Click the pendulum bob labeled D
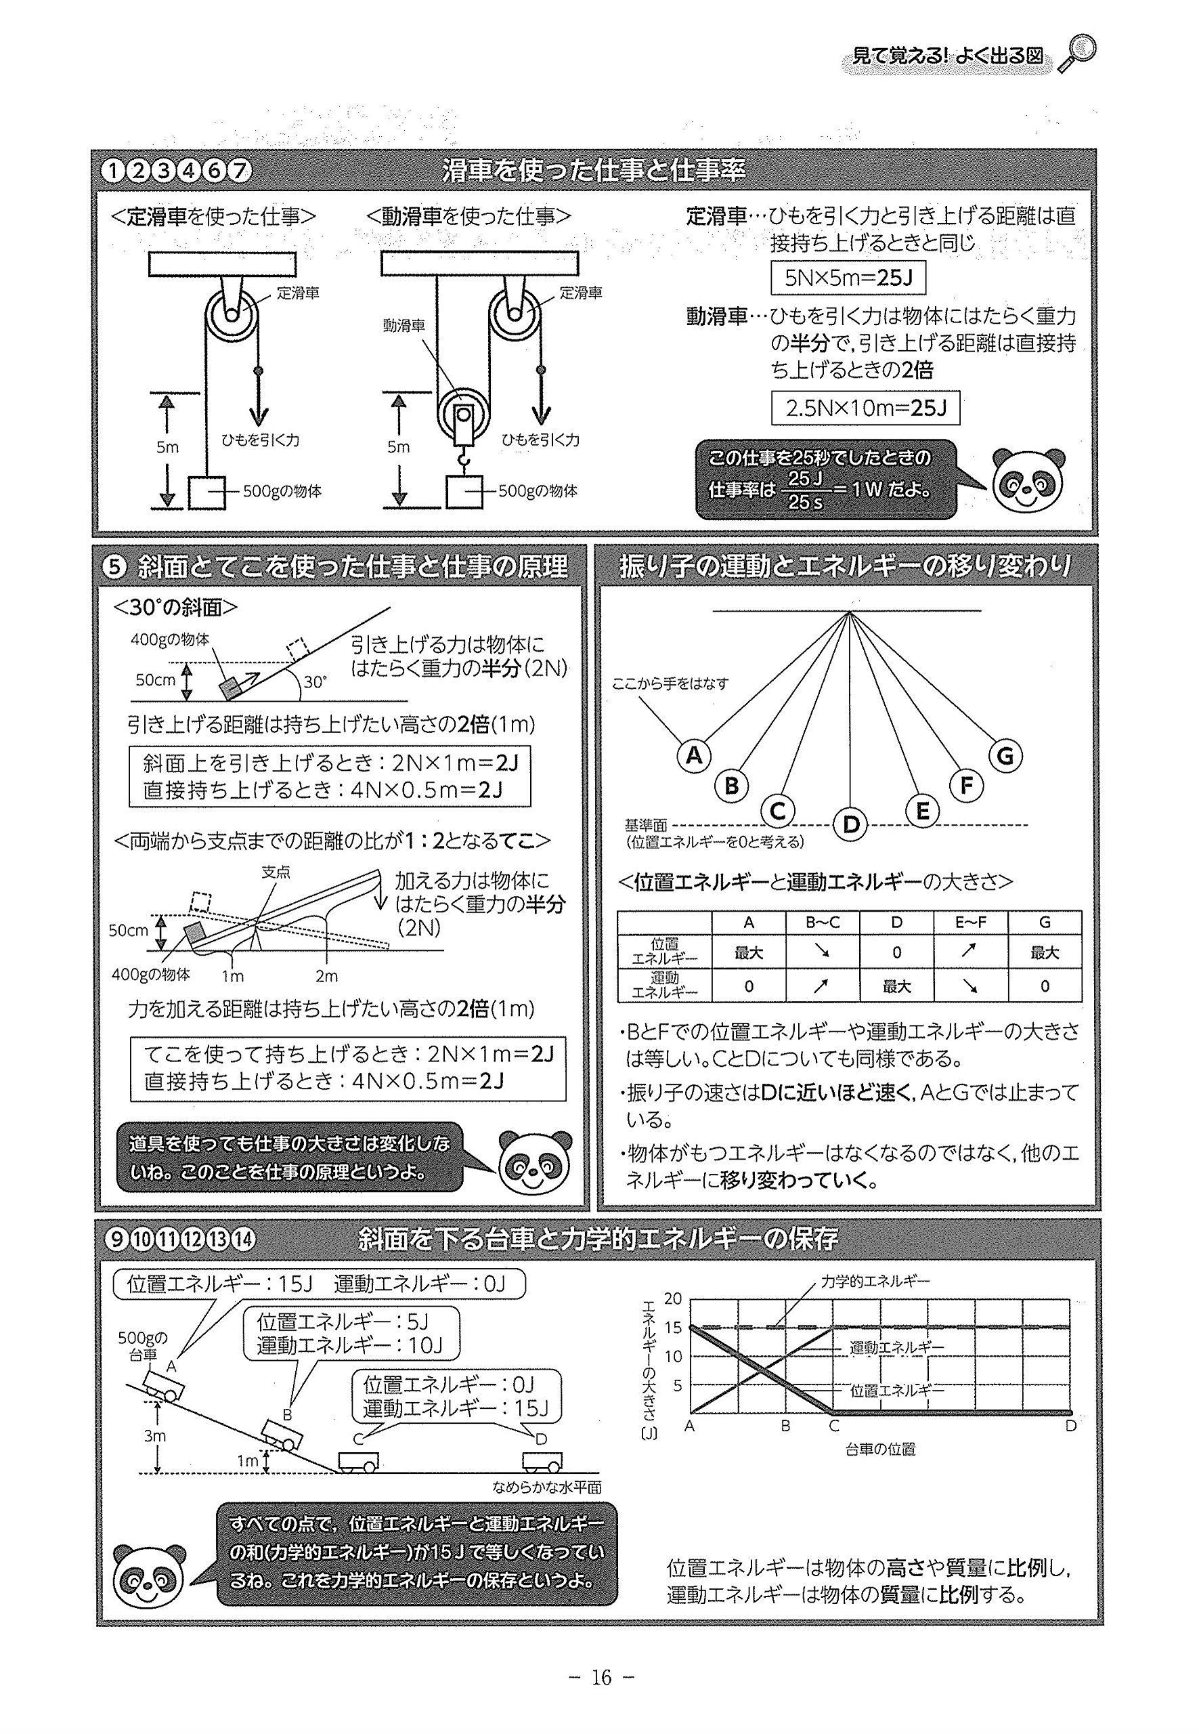pos(850,824)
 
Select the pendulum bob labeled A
pos(694,755)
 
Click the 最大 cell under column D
pos(896,986)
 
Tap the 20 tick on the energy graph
pos(673,1298)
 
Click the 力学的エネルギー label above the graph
pos(875,1281)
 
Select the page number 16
pos(601,1678)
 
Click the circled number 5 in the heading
pos(114,567)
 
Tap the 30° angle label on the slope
pos(315,681)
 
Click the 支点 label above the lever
pos(276,872)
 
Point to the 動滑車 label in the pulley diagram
pos(404,325)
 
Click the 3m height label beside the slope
pos(155,1435)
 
